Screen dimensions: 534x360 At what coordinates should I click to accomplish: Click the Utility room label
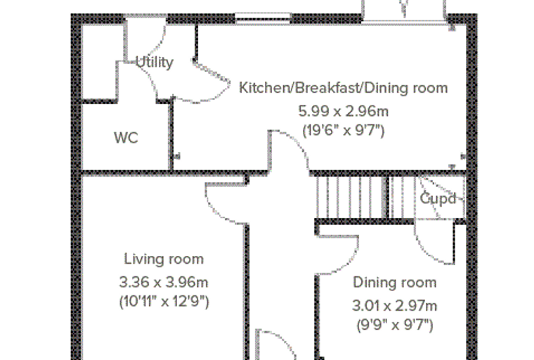click(155, 62)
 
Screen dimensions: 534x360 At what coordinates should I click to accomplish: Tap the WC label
click(126, 138)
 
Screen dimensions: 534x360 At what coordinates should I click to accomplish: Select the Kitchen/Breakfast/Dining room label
click(344, 88)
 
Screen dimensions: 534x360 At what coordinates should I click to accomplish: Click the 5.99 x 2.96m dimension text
click(344, 111)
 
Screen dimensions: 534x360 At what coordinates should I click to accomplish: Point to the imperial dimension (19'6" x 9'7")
click(344, 131)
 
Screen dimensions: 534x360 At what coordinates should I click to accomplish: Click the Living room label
click(164, 259)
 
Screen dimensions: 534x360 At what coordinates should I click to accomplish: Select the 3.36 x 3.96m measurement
click(164, 282)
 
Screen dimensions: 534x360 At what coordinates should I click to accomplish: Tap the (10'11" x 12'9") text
click(164, 302)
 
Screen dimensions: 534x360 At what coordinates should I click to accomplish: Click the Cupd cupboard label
click(438, 199)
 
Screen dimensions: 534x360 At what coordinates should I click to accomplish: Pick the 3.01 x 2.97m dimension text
click(394, 305)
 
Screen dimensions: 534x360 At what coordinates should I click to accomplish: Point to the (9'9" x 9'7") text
click(395, 325)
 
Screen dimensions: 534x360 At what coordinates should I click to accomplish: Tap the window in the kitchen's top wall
click(263, 18)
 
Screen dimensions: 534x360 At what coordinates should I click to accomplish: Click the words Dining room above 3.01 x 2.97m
click(395, 282)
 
